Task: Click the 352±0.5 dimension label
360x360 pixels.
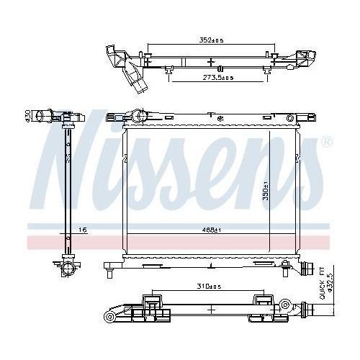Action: [210, 41]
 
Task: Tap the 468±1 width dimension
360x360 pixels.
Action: [210, 230]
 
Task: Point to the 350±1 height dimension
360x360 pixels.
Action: [265, 189]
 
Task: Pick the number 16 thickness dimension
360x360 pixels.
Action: [82, 230]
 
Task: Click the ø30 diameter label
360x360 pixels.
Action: [27, 115]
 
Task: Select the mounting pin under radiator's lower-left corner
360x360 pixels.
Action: [109, 272]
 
